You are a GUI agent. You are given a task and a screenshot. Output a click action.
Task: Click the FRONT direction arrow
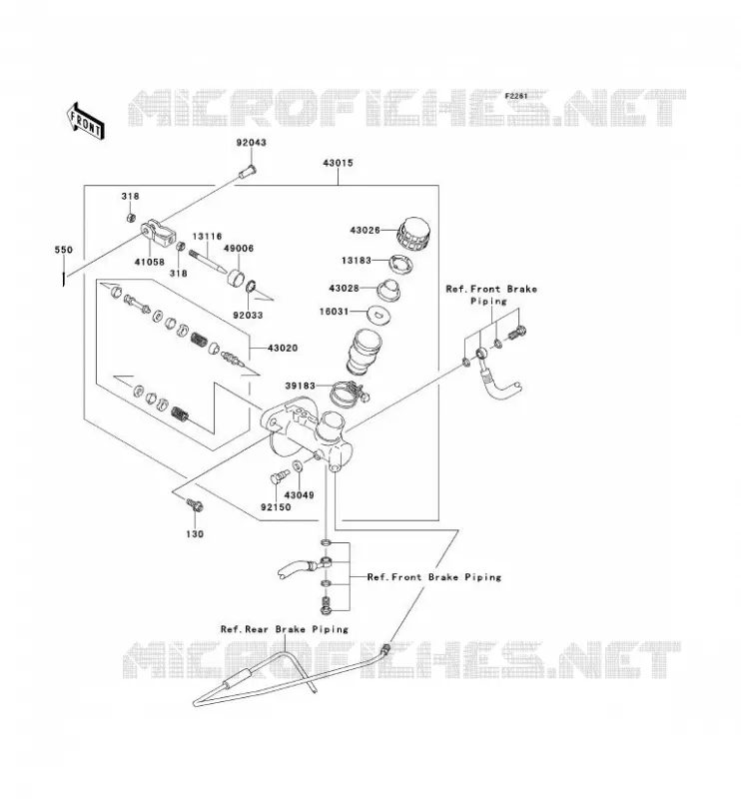click(85, 121)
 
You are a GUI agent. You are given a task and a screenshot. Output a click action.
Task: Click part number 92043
click(252, 143)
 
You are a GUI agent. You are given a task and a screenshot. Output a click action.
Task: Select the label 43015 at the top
click(338, 163)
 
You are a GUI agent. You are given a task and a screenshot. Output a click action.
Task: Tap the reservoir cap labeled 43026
click(413, 235)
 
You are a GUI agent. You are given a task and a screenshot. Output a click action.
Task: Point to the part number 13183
click(357, 261)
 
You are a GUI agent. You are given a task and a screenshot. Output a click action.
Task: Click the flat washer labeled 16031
click(378, 314)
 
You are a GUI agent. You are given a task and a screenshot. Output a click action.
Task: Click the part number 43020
click(283, 348)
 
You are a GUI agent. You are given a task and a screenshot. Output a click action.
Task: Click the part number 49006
click(239, 249)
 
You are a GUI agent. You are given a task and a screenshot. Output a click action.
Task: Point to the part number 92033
click(249, 316)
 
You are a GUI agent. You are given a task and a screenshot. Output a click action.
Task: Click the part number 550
click(64, 250)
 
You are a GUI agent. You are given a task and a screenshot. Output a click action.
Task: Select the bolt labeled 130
click(195, 504)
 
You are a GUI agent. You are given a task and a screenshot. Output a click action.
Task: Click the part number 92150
click(276, 507)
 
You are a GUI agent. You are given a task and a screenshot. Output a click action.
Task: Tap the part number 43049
click(300, 495)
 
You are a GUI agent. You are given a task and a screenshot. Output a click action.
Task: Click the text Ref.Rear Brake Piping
click(285, 629)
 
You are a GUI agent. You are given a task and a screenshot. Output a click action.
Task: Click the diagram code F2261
click(516, 96)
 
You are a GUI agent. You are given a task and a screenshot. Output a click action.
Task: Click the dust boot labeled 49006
click(236, 279)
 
